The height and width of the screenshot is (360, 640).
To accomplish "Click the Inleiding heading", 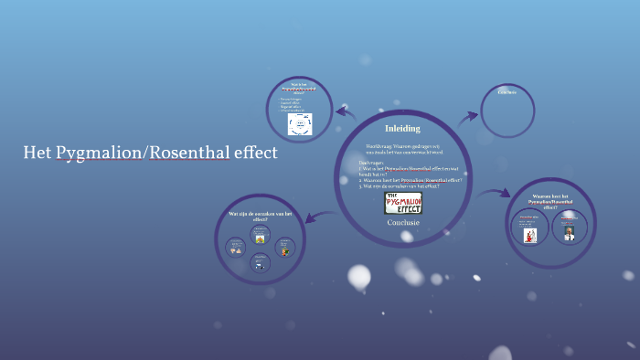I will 402,129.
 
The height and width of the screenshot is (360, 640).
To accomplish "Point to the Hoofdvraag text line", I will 402,148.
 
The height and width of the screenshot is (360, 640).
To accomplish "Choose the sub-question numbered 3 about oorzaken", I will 400,186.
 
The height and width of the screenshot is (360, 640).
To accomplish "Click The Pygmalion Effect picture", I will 403,203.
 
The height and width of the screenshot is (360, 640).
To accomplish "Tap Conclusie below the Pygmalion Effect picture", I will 403,222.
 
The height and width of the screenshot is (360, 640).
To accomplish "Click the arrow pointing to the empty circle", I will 468,116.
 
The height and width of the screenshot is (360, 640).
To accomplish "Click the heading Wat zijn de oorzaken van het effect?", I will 261,217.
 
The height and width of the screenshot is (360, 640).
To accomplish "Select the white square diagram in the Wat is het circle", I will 300,124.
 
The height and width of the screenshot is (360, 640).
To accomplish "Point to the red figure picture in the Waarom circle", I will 529,235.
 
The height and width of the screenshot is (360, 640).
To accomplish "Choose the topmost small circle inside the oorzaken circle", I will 261,236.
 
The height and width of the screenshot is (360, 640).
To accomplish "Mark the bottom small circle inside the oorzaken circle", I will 261,263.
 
